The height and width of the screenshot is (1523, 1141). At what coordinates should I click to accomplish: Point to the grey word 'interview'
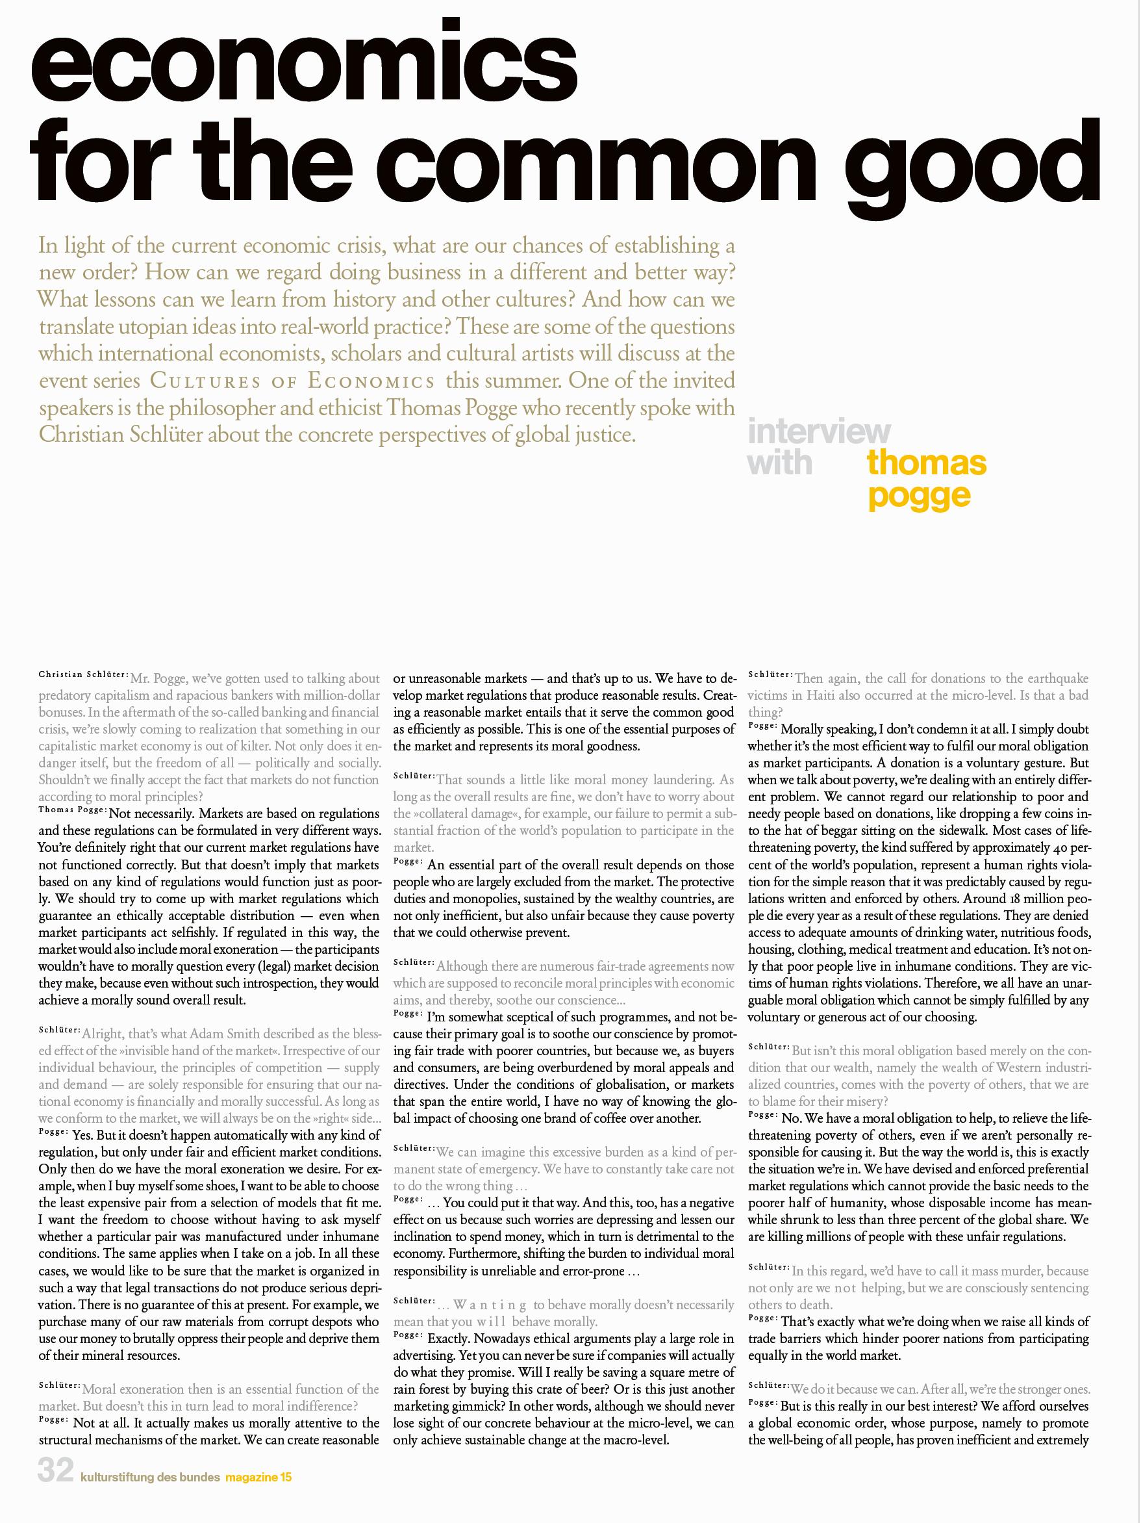[819, 431]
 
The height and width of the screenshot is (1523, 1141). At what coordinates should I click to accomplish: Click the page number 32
[55, 1489]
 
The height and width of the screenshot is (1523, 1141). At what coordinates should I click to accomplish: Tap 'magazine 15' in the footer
[258, 1491]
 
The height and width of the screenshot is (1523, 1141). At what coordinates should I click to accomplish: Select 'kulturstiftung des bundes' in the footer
[150, 1491]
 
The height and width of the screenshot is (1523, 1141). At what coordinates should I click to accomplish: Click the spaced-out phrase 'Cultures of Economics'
[292, 381]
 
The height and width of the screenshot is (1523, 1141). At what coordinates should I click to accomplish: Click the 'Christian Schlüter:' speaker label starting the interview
[82, 674]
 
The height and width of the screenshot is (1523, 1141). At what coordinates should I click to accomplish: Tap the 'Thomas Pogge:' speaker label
[72, 810]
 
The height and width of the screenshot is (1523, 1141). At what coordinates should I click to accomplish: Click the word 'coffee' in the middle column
[596, 1118]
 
